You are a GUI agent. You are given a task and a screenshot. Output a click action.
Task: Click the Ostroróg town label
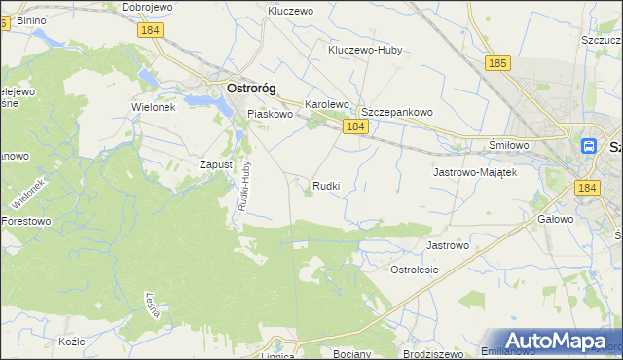250,88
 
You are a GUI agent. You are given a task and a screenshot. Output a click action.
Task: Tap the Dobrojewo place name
148,7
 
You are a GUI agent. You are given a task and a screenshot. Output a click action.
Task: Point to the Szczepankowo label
396,112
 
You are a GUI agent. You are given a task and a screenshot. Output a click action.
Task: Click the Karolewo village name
327,103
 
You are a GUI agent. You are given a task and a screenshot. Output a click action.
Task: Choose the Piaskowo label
271,114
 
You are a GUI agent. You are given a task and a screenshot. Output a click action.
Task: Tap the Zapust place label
216,164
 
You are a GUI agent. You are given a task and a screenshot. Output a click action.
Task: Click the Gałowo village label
555,220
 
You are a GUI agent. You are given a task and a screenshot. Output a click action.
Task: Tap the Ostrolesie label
415,269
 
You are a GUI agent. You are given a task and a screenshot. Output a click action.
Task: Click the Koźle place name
72,342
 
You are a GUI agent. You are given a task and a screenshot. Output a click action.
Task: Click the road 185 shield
496,63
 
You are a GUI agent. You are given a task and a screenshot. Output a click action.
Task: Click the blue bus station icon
589,146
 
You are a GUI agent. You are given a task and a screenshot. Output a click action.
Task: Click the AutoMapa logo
555,342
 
